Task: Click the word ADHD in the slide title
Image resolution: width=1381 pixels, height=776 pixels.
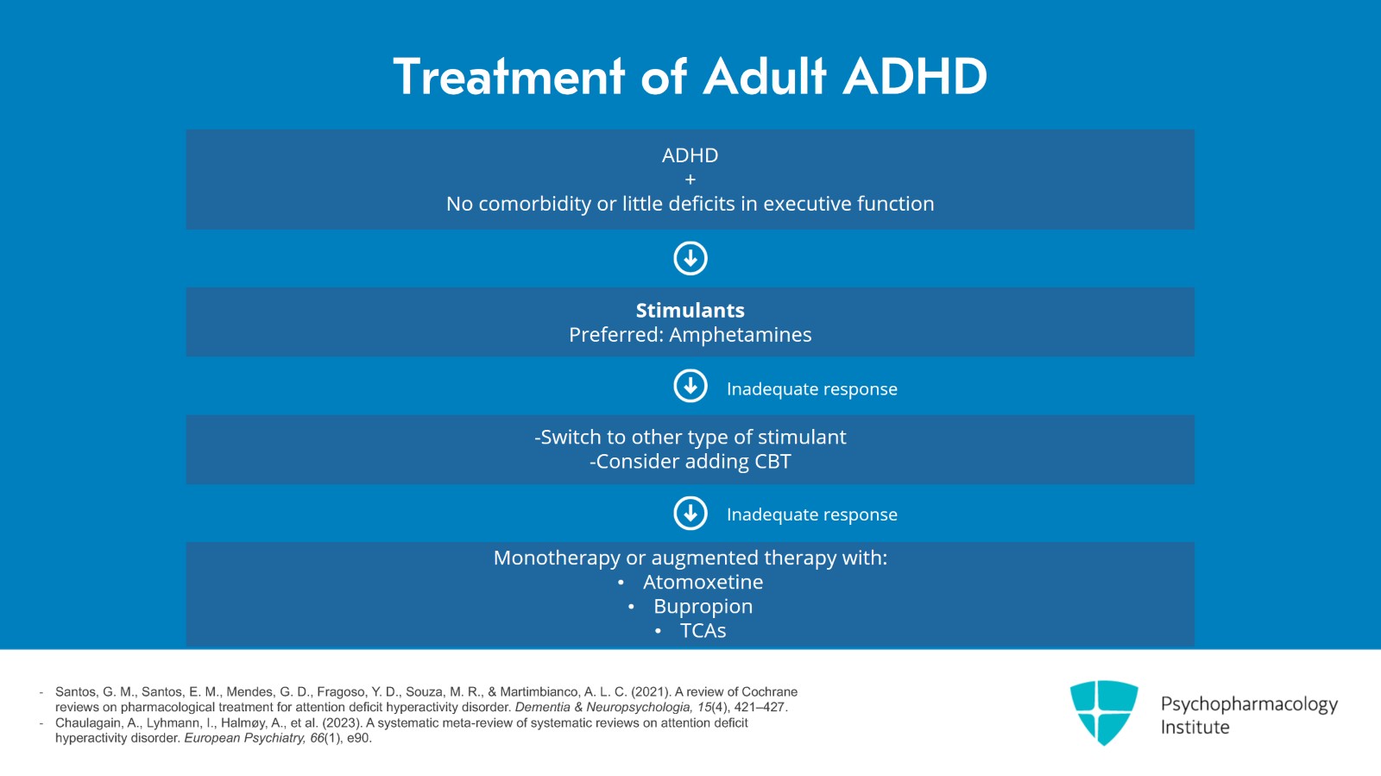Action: [x=915, y=77]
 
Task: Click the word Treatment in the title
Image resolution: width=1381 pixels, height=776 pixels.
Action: [x=508, y=77]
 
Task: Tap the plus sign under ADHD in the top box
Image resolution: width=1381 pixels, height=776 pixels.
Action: [x=690, y=180]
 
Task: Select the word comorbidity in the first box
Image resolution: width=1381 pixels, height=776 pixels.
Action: [x=535, y=205]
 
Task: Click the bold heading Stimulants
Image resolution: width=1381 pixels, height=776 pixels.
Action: [x=690, y=311]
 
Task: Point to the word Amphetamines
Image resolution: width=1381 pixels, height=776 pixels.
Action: [x=740, y=335]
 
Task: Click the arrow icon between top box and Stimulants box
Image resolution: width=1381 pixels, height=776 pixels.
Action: [x=690, y=258]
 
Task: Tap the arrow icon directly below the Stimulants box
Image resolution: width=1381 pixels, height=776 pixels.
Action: [x=690, y=386]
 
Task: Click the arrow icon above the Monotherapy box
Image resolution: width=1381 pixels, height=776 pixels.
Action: [x=690, y=513]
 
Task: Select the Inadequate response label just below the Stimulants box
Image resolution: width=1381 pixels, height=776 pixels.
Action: [x=811, y=389]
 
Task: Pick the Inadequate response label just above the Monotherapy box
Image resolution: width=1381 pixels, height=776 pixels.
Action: [x=811, y=514]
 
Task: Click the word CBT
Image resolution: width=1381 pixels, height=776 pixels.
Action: [x=772, y=462]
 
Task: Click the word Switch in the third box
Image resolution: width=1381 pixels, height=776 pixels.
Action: [x=569, y=438]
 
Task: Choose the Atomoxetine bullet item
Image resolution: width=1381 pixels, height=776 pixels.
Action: [x=703, y=583]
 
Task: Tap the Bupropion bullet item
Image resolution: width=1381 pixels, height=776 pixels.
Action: [x=703, y=607]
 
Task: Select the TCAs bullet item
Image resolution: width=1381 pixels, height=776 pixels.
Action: [x=703, y=631]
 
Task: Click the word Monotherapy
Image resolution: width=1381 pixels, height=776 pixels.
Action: [x=556, y=558]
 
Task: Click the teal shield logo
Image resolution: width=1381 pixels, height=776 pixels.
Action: [x=1103, y=711]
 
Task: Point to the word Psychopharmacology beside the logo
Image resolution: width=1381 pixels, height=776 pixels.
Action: [x=1248, y=704]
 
